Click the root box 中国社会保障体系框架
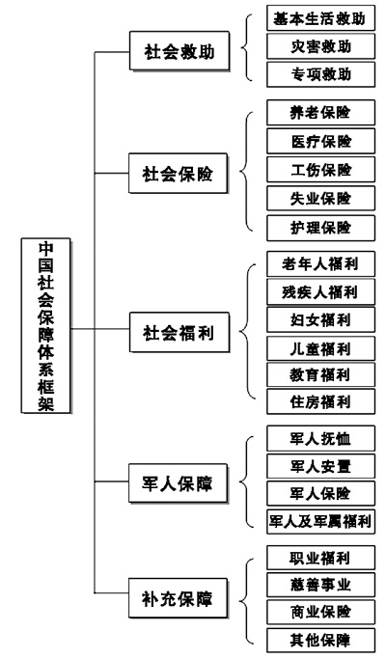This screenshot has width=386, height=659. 46,326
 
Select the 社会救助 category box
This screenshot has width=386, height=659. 179,51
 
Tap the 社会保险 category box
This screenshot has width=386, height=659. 179,173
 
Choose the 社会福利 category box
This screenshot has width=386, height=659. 179,332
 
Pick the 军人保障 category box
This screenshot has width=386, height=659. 179,483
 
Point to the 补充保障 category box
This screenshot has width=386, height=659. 179,598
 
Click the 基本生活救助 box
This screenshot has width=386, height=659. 320,18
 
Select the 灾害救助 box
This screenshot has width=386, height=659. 320,46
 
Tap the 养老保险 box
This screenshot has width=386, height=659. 320,112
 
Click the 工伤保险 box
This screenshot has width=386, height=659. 320,170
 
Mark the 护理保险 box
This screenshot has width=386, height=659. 320,228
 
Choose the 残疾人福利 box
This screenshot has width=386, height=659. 320,291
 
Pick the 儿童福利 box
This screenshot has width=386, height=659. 320,348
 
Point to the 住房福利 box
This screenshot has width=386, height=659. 320,401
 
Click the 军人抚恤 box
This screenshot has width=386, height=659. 320,438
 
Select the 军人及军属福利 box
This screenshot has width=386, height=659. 320,522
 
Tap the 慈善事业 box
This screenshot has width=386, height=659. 320,584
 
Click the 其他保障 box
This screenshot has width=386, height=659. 320,641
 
